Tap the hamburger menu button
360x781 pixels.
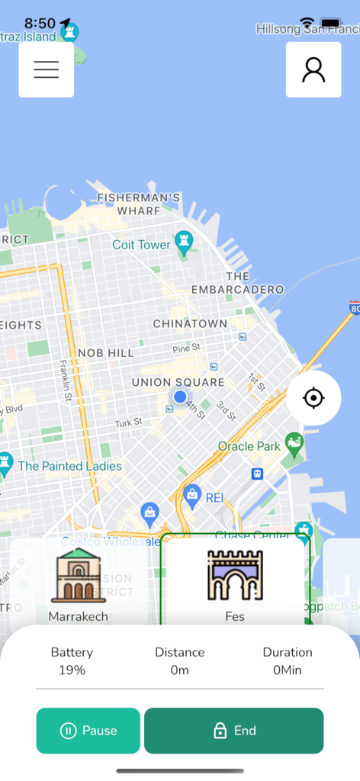coord(47,69)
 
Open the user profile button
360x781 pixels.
coord(313,69)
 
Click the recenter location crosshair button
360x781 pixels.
coord(313,398)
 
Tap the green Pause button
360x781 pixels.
coord(88,731)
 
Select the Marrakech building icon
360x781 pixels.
coord(78,576)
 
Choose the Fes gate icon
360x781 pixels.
coord(235,576)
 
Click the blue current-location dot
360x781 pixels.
coord(180,397)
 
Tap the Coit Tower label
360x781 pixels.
coord(141,245)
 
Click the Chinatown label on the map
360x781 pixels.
coord(190,323)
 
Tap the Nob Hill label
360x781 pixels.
coord(105,353)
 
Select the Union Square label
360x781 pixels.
coord(178,382)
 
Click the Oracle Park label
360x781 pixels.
coord(250,446)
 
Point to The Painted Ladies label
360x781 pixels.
coord(69,466)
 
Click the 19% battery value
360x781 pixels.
coord(72,670)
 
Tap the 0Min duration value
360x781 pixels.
coord(288,670)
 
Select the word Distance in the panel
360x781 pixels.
coord(180,652)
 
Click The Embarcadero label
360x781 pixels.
coord(237,283)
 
